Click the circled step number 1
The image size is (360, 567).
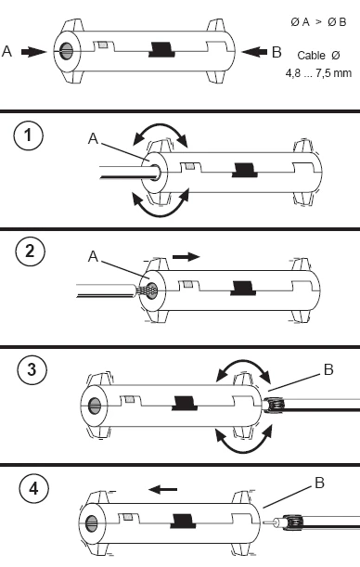[x=28, y=135]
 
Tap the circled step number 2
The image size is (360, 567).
[x=30, y=251]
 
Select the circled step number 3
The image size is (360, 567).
[x=32, y=369]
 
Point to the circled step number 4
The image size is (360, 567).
[x=33, y=488]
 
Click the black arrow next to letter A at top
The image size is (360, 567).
[x=33, y=52]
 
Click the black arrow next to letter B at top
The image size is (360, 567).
[x=254, y=52]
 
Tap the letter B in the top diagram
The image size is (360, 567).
[x=276, y=52]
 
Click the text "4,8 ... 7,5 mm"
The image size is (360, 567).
[x=318, y=73]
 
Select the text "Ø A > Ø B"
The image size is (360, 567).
[x=318, y=22]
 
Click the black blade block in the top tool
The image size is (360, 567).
[x=161, y=49]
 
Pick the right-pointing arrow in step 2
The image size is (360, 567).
[x=186, y=257]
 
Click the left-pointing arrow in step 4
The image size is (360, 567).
[x=163, y=490]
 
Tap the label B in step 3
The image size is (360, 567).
[x=328, y=369]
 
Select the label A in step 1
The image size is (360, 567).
[x=93, y=138]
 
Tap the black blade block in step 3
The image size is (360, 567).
[x=185, y=403]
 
